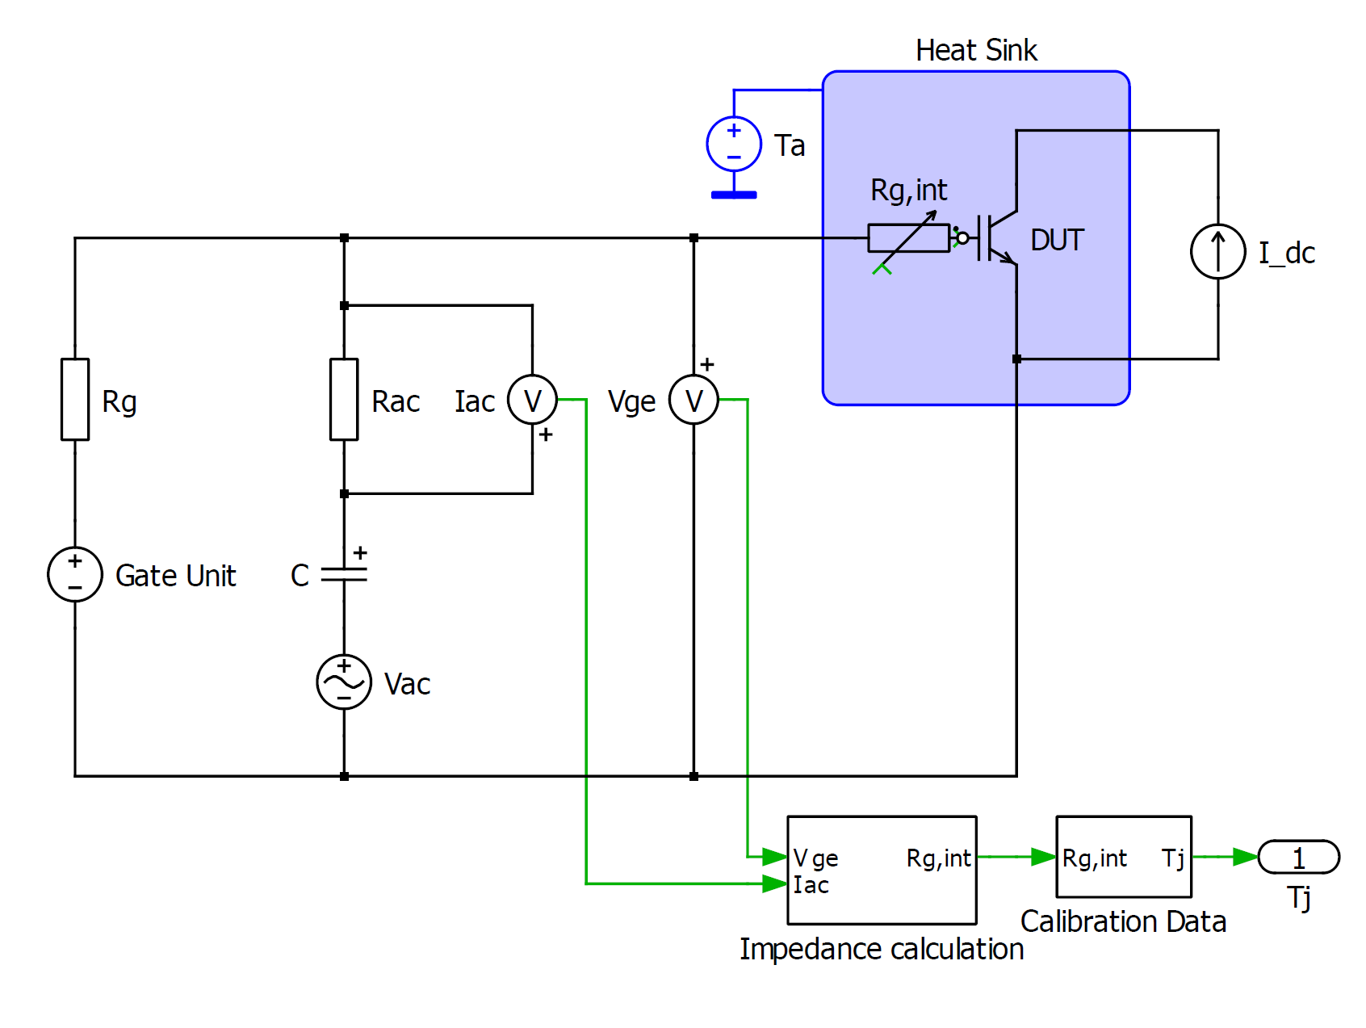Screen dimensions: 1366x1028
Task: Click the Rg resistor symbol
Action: [x=75, y=400]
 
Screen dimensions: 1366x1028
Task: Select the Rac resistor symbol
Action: [x=344, y=400]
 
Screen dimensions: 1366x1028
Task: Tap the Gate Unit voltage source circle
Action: [x=75, y=574]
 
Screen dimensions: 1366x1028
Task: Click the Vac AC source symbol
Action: [x=344, y=682]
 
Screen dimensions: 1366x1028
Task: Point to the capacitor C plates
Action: [x=344, y=574]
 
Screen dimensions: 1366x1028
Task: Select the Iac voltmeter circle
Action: [x=532, y=400]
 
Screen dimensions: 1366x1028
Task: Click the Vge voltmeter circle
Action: [x=693, y=400]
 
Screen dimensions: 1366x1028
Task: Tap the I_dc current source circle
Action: [x=1218, y=251]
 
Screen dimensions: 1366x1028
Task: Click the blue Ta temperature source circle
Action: [x=734, y=144]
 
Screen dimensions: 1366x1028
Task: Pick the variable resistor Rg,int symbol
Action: [x=909, y=239]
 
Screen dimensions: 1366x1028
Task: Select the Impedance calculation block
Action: [x=882, y=870]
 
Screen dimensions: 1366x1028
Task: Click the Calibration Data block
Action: [x=1124, y=857]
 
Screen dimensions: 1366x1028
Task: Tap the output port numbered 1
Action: [x=1299, y=857]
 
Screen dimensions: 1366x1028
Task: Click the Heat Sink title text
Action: [x=976, y=50]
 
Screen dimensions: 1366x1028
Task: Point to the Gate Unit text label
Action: [x=176, y=576]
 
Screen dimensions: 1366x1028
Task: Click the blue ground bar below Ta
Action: [x=734, y=195]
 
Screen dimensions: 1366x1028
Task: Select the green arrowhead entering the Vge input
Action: [x=775, y=856]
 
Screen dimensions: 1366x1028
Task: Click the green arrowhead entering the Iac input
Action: [x=775, y=883]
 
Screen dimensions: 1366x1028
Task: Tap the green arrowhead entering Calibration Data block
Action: [x=1044, y=857]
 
